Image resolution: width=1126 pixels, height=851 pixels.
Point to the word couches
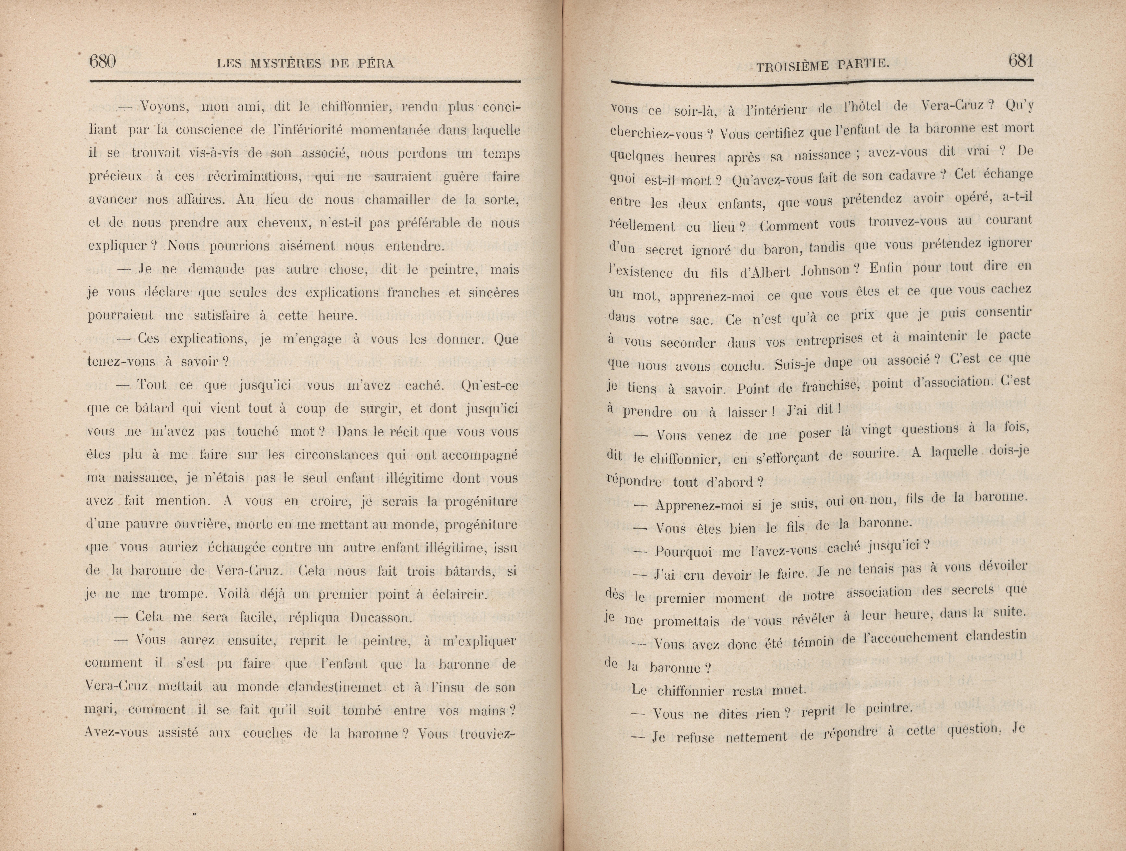267,734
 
